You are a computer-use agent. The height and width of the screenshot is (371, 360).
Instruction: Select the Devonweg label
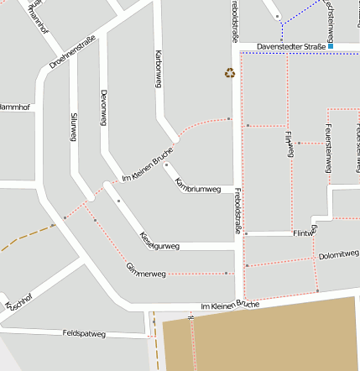103,107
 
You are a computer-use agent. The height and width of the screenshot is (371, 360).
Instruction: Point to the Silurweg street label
75,127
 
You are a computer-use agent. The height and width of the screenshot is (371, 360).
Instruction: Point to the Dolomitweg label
339,253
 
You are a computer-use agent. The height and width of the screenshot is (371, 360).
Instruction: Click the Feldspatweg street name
84,333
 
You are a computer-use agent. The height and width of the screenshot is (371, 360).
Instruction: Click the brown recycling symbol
229,73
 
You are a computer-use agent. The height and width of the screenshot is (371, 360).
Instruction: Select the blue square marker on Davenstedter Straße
331,46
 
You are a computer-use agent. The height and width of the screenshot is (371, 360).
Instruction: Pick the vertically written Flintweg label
290,144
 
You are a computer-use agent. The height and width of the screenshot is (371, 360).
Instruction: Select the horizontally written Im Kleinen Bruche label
230,305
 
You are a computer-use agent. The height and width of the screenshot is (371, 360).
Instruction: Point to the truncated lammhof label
15,107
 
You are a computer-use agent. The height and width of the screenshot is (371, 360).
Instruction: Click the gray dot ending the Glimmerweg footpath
227,273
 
